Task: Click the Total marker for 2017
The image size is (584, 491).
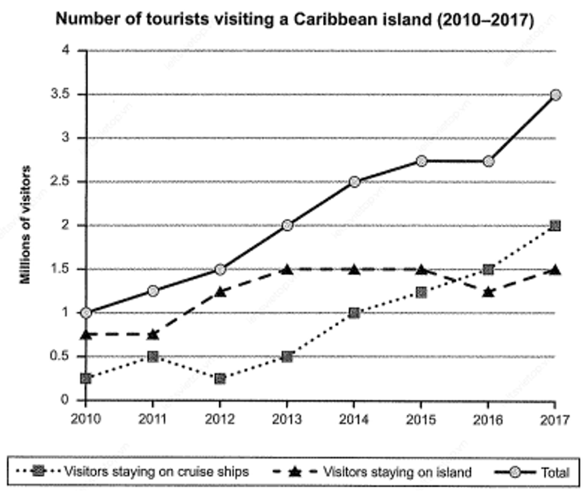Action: [555, 95]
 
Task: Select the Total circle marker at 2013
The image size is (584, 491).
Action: [287, 225]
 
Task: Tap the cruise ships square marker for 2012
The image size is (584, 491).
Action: [220, 379]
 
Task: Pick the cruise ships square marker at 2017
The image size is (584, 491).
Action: [555, 226]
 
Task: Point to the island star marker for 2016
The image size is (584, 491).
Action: [489, 292]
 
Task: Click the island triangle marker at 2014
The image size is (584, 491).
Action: [354, 269]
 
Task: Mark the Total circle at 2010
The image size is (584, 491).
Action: [86, 312]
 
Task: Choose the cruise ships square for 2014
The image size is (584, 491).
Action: [354, 313]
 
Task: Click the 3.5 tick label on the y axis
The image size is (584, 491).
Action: [61, 94]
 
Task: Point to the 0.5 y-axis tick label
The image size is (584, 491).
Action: [61, 356]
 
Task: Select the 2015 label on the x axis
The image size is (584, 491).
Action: [421, 420]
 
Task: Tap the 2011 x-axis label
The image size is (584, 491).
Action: [153, 420]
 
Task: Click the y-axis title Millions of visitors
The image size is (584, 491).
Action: [25, 225]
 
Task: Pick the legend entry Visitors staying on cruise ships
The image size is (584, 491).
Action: [133, 472]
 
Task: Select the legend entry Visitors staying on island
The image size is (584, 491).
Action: [372, 472]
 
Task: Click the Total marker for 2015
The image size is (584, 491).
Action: [421, 161]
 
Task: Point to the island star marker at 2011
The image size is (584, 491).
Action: [153, 334]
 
